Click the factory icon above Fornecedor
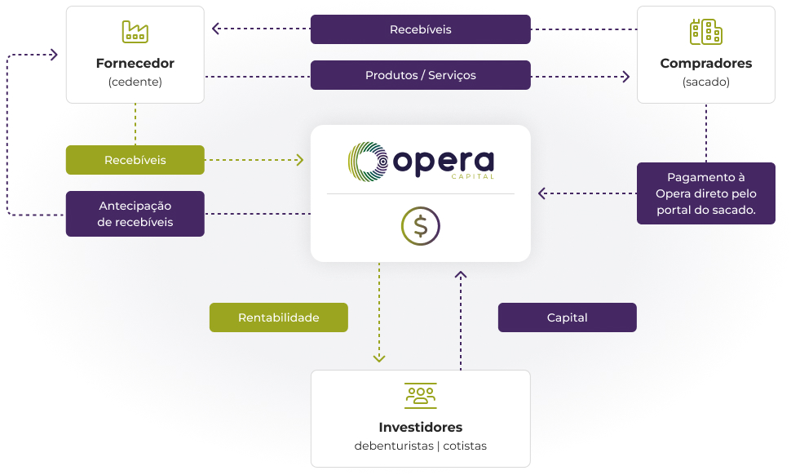[135, 32]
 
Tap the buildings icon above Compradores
[705, 32]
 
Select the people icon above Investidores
[420, 395]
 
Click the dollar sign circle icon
[420, 226]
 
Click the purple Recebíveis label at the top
[420, 29]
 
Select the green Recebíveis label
[135, 160]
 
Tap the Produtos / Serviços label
[420, 75]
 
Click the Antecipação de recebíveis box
[135, 214]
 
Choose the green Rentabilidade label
[278, 317]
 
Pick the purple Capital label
[567, 317]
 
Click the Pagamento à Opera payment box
[705, 193]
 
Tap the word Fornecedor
[135, 64]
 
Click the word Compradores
[705, 64]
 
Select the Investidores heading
[420, 428]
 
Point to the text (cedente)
[135, 82]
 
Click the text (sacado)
[705, 82]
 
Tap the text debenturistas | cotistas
[420, 446]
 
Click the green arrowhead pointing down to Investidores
[379, 357]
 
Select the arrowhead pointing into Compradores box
[626, 77]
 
